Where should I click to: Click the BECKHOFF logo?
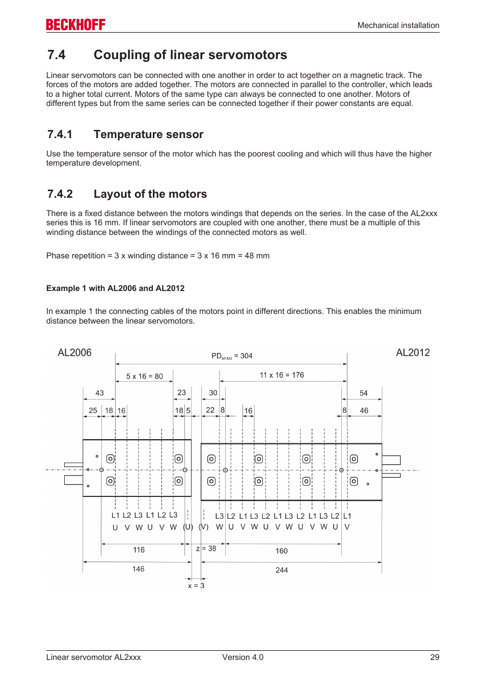coord(75,24)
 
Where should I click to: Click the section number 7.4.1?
coord(60,135)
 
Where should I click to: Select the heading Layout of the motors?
coord(150,194)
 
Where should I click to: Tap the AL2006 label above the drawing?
coord(74,353)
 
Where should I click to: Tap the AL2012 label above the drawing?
coord(413,353)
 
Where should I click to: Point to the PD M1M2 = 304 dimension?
coord(232,356)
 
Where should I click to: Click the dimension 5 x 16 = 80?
coord(145,376)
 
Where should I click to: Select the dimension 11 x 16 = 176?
coord(282,375)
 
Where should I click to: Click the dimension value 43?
coord(99,393)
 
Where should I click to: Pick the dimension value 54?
coord(363,393)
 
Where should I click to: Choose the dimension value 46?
coord(364,410)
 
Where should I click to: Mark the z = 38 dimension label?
coord(206,548)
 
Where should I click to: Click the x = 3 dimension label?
coord(196,586)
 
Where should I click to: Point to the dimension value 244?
coord(282,570)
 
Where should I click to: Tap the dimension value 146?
coord(138,569)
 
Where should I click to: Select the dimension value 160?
coord(282,551)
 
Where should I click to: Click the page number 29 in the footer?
coord(435,657)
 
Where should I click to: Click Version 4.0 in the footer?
coord(242,657)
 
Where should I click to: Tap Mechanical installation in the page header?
coord(398,25)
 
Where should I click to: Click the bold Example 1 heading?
coord(115,288)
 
